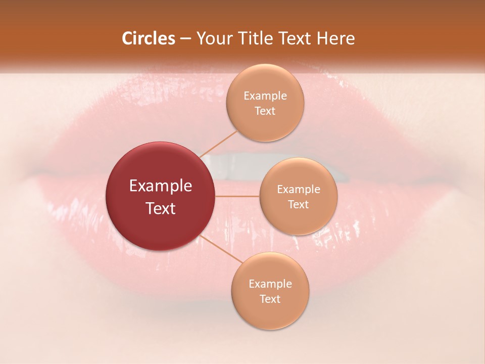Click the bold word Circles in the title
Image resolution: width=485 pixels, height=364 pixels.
[149, 38]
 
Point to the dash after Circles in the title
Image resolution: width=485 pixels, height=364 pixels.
[185, 39]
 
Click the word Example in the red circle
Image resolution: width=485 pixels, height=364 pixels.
[161, 186]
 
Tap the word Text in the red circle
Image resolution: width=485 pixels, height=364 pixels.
[161, 208]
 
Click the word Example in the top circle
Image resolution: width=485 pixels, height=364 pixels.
[265, 96]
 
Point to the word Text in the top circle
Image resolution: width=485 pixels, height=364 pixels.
[265, 111]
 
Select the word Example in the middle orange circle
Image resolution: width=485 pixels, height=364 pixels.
[299, 189]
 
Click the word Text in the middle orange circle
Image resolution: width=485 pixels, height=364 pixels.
[299, 204]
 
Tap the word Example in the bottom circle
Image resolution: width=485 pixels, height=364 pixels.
[270, 284]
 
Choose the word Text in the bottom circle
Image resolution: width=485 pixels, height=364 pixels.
[270, 299]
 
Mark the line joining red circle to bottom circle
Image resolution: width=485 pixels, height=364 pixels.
[220, 249]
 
